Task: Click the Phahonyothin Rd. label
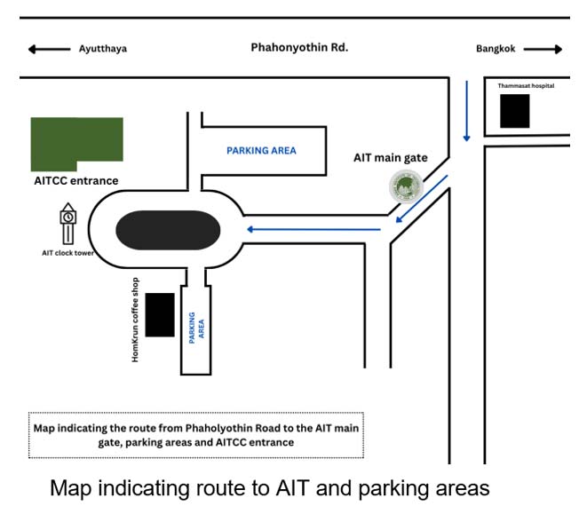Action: point(298,47)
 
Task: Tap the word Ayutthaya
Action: point(103,49)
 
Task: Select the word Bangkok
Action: point(495,49)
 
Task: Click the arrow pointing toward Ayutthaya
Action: point(49,49)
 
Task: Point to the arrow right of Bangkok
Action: point(543,49)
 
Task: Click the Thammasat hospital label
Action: point(526,86)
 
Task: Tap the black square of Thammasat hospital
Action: point(514,111)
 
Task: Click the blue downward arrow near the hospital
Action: point(466,111)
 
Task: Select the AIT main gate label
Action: point(391,158)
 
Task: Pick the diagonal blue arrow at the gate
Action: point(422,200)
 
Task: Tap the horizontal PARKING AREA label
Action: point(261,151)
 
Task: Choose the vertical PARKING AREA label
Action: point(197,326)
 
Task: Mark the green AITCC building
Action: point(76,143)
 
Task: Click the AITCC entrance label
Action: point(75,181)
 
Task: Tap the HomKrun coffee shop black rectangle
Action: point(160,314)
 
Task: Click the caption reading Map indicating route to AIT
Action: point(269,487)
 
